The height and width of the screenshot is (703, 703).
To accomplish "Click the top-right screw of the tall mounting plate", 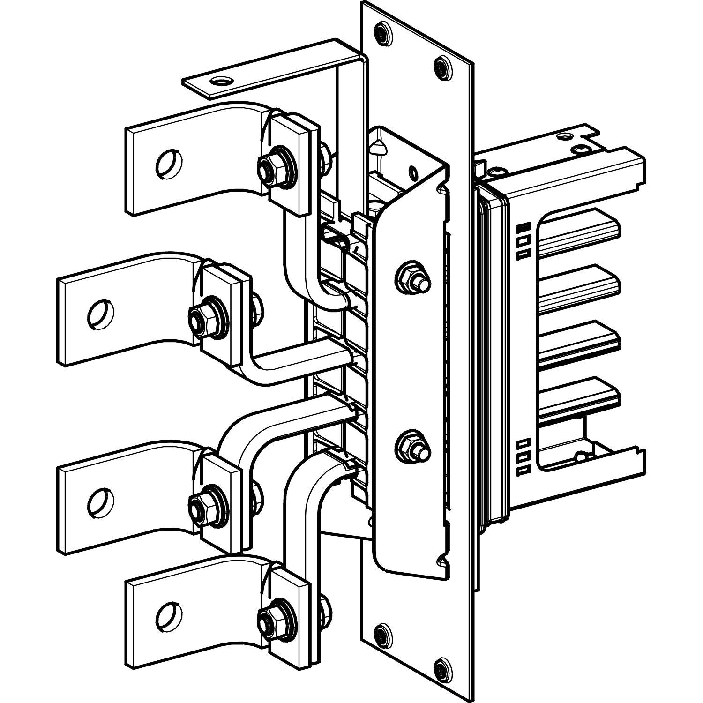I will click(442, 68).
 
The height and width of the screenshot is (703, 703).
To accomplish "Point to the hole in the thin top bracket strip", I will click(219, 82).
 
